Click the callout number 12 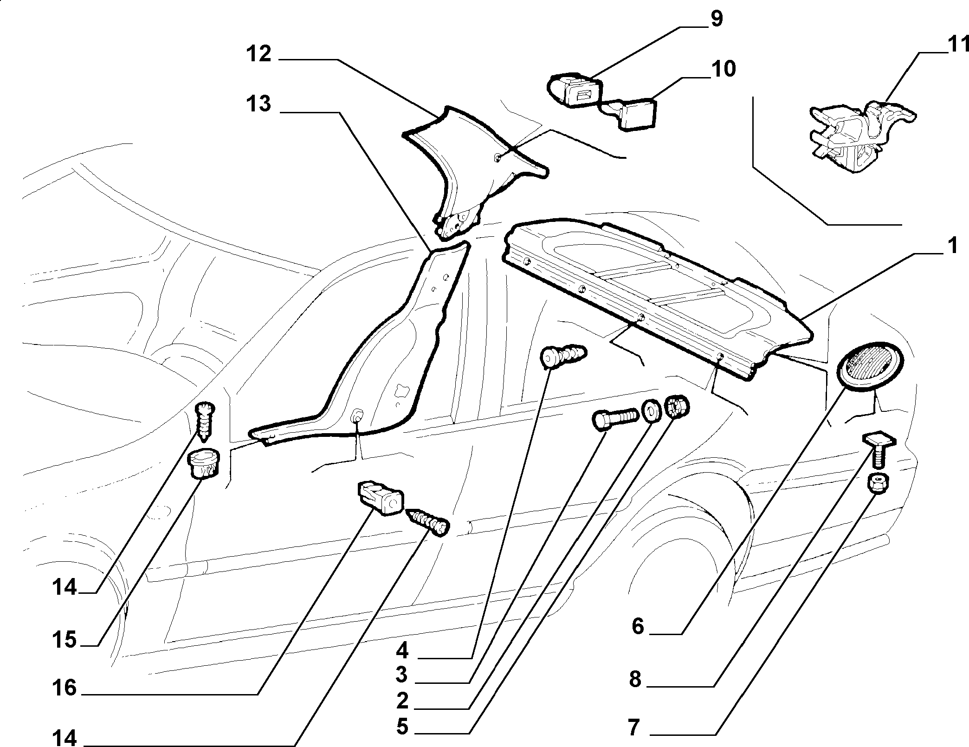(259, 54)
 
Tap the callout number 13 (259, 104)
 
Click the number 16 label (64, 688)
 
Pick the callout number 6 (638, 626)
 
